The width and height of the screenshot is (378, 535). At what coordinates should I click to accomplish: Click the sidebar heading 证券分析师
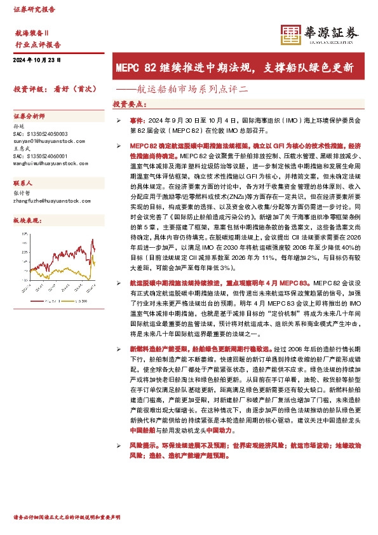click(x=29, y=117)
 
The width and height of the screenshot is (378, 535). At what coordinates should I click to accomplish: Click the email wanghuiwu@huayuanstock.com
click(x=50, y=163)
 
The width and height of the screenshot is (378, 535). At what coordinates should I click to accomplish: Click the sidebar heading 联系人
click(x=23, y=182)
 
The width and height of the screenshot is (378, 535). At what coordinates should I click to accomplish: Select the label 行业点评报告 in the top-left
click(x=37, y=44)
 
